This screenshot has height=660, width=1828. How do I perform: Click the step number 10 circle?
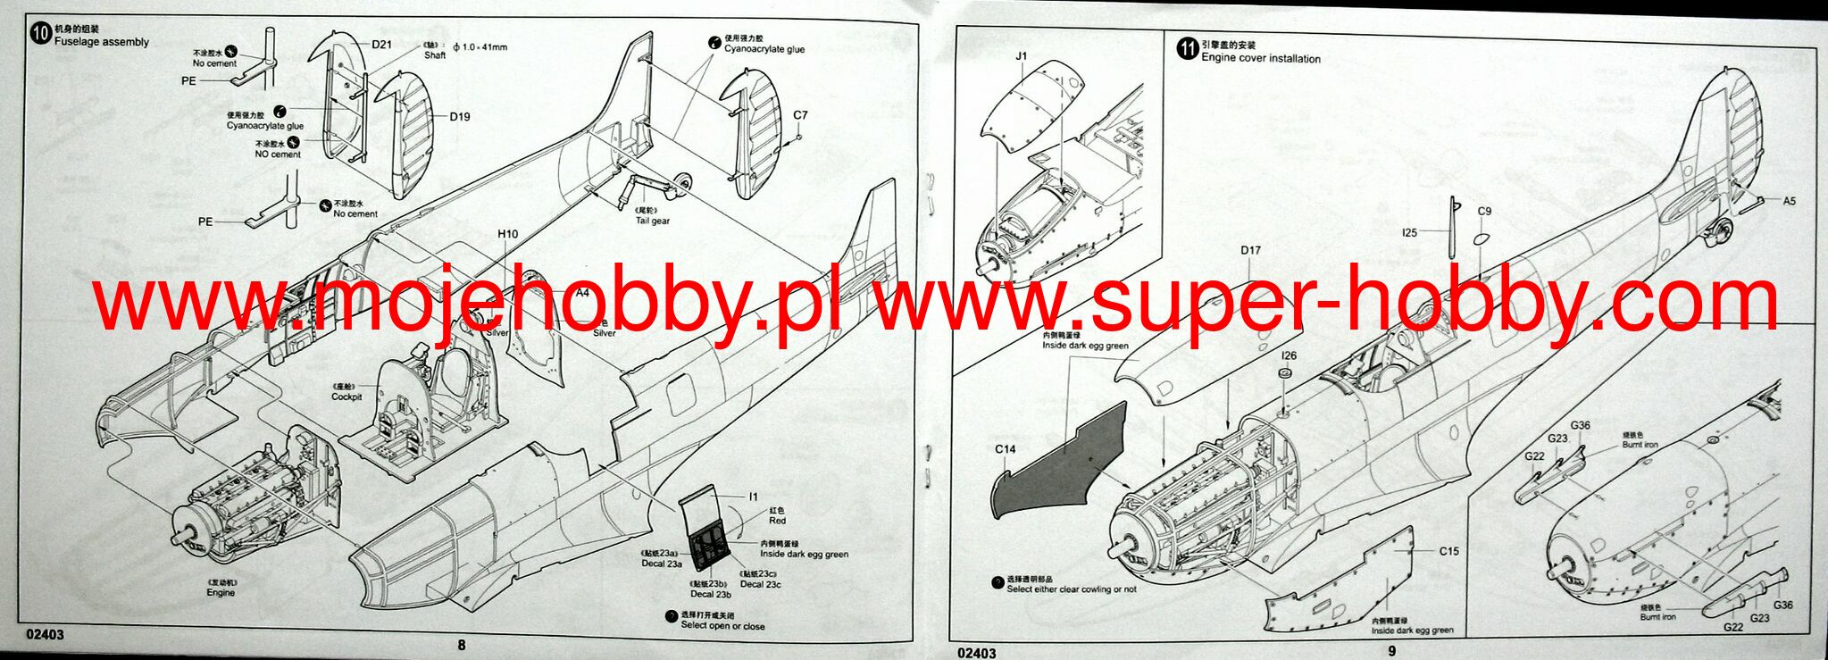pos(41,35)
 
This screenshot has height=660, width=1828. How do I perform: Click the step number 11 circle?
pos(1187,50)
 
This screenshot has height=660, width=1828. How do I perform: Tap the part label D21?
pos(381,45)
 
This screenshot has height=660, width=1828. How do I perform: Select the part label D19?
pos(459,116)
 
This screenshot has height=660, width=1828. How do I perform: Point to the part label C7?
pos(799,115)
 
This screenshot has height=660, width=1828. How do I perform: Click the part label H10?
pos(507,235)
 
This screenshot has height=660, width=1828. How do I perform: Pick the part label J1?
pos(1022,56)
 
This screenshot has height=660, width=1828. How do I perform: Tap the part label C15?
pos(1448,551)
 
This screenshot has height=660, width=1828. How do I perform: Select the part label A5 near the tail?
pos(1789,202)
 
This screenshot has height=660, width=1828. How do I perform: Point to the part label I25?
pos(1409,233)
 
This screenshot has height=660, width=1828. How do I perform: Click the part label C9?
pos(1484,212)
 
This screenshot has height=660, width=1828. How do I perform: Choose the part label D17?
pos(1250,251)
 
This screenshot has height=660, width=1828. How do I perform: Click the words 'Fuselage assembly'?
pos(102,42)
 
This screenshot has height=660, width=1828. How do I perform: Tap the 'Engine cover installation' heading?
pos(1260,59)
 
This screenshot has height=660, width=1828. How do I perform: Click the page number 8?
pos(461,646)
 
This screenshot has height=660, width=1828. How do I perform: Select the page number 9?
pos(1391,651)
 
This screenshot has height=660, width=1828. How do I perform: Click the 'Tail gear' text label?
pos(653,221)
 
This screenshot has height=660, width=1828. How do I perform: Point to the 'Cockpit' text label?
pos(346,397)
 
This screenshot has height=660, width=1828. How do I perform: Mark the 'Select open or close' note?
pos(722,626)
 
